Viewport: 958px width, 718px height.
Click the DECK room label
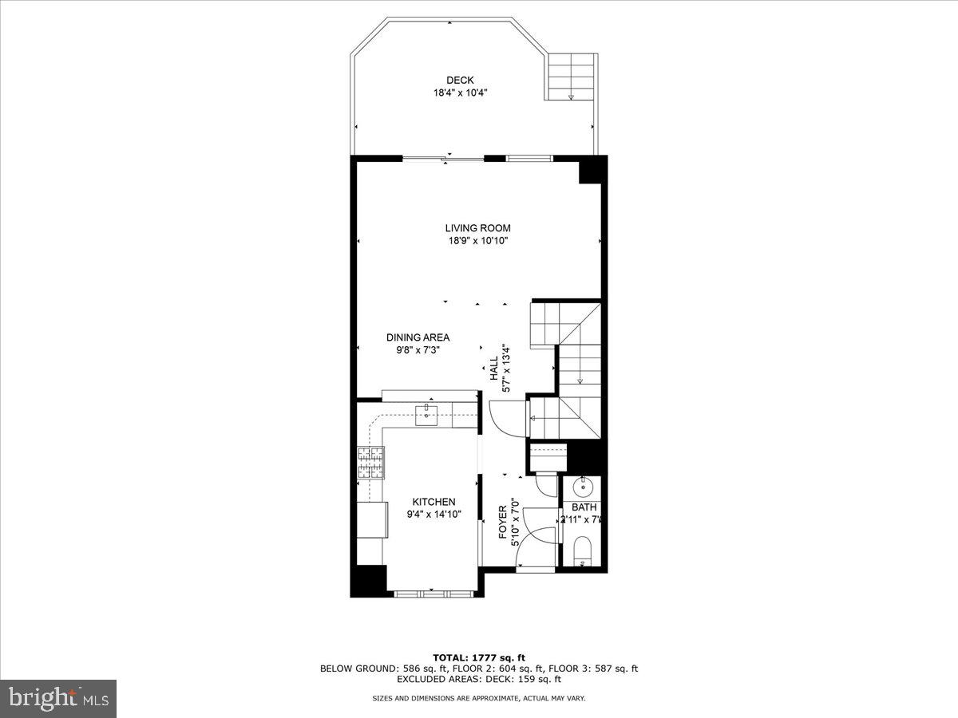point(460,80)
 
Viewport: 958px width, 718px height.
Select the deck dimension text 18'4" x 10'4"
point(460,93)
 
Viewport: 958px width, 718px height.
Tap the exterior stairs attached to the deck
point(572,77)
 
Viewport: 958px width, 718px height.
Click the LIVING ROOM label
point(477,228)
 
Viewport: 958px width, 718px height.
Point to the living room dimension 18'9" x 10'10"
point(477,241)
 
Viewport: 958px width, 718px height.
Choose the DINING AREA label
point(418,337)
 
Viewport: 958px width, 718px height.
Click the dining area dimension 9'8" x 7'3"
point(418,349)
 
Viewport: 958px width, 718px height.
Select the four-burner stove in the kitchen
point(370,462)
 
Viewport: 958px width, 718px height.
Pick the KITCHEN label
point(433,502)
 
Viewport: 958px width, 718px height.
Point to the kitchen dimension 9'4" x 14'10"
point(433,515)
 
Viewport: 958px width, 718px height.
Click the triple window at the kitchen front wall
point(434,593)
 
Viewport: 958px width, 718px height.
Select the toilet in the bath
point(583,550)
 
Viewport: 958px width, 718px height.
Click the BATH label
point(584,507)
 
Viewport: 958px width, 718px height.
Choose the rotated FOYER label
point(504,522)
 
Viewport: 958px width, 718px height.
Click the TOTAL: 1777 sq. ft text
point(479,657)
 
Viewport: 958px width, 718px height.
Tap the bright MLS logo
point(58,699)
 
